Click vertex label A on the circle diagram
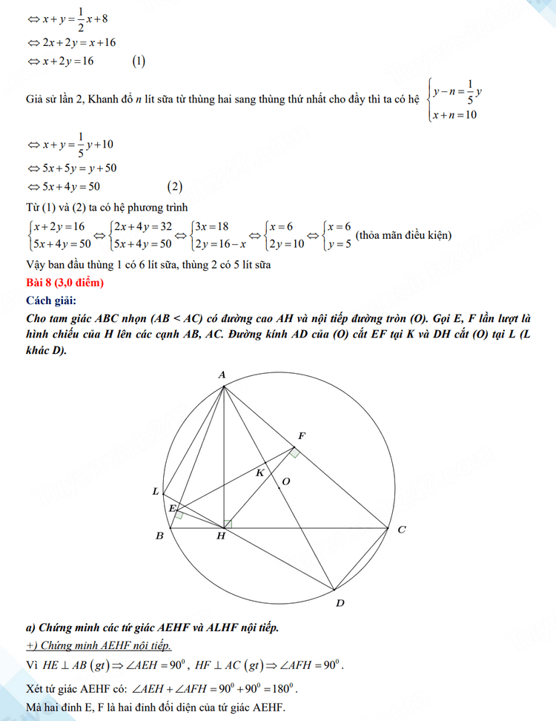[222, 375]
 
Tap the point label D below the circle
[340, 603]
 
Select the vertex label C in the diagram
[401, 530]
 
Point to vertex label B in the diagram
[159, 536]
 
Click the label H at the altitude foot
[221, 537]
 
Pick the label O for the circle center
[286, 482]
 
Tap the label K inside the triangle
[259, 473]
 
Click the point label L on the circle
[155, 491]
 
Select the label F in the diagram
[300, 435]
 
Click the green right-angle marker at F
[294, 452]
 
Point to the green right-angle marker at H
[228, 524]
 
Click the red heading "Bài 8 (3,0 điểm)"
[64, 283]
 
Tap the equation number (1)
[139, 62]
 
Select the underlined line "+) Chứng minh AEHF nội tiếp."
[99, 646]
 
